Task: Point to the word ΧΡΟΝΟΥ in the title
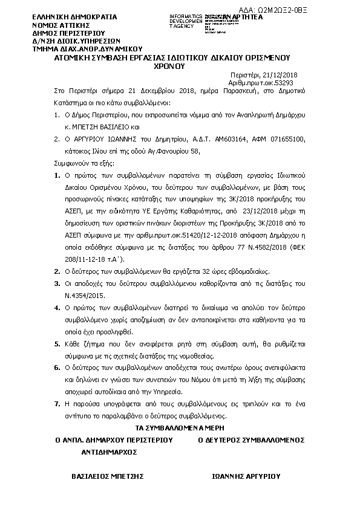pyautogui.click(x=179, y=69)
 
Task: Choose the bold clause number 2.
pyautogui.click(x=57, y=272)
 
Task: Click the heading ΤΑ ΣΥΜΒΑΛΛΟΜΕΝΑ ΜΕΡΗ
pyautogui.click(x=179, y=427)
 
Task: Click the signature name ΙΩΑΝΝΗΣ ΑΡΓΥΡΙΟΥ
pyautogui.click(x=246, y=475)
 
